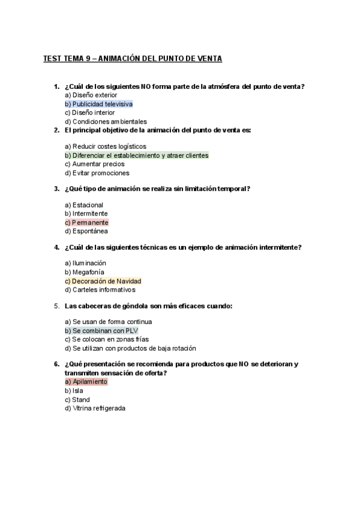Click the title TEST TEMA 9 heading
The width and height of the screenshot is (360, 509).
pyautogui.click(x=133, y=59)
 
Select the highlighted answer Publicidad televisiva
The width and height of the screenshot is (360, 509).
pyautogui.click(x=98, y=104)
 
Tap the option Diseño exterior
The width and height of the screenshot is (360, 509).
pyautogui.click(x=91, y=95)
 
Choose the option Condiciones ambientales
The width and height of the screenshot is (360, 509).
pyautogui.click(x=105, y=121)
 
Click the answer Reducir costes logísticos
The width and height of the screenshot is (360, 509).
pyautogui.click(x=105, y=146)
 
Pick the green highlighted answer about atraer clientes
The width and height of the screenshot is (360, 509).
pyautogui.click(x=136, y=155)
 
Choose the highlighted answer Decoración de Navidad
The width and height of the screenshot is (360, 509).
pyautogui.click(x=103, y=281)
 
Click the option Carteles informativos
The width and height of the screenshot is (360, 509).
pyautogui.click(x=100, y=290)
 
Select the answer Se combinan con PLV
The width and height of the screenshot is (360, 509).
pyautogui.click(x=101, y=331)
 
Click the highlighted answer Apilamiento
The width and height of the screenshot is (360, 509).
pyautogui.click(x=86, y=382)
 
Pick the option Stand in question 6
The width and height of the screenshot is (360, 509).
pyautogui.click(x=77, y=400)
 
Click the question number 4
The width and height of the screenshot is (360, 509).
pyautogui.click(x=56, y=247)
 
